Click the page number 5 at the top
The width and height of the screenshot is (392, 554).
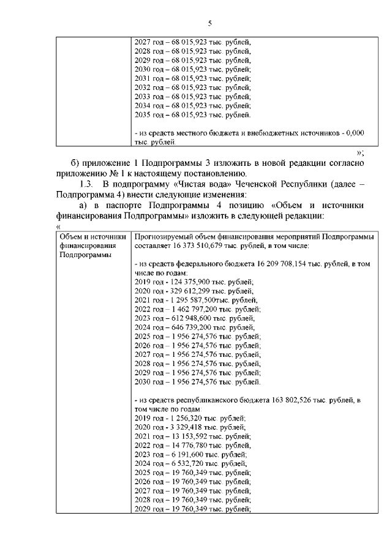point(209,24)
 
